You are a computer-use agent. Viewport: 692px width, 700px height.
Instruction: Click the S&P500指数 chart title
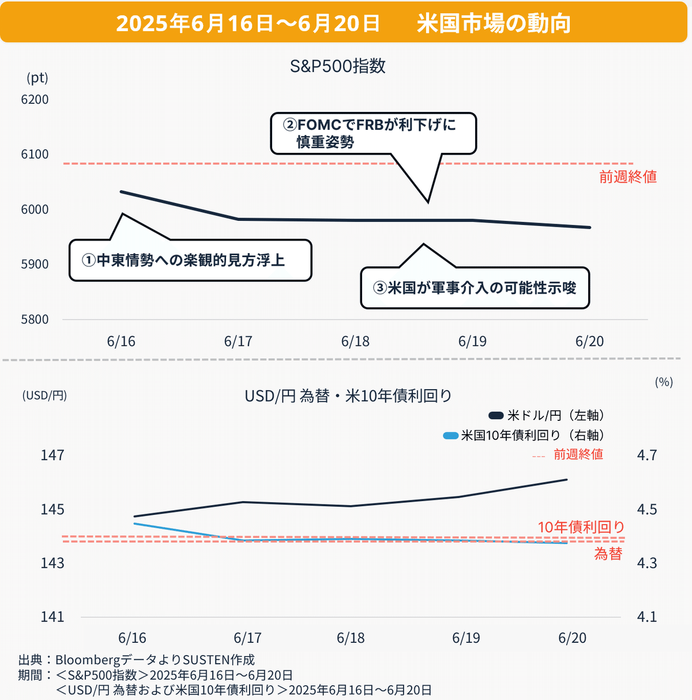pyautogui.click(x=337, y=66)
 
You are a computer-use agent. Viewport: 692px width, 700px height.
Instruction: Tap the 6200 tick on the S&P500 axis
pyautogui.click(x=35, y=99)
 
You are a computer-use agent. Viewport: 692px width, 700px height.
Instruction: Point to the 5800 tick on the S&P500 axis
pyautogui.click(x=35, y=319)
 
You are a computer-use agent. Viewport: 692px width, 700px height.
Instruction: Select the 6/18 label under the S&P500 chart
pyautogui.click(x=355, y=341)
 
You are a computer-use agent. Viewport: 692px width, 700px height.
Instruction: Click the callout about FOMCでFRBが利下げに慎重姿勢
pyautogui.click(x=374, y=133)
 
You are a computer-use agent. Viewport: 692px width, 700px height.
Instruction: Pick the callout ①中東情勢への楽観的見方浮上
pyautogui.click(x=190, y=261)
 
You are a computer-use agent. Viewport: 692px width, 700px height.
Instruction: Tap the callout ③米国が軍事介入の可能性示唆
pyautogui.click(x=475, y=288)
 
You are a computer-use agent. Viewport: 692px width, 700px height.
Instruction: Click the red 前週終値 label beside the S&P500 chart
pyautogui.click(x=628, y=176)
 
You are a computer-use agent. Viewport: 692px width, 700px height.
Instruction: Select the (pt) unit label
pyautogui.click(x=37, y=78)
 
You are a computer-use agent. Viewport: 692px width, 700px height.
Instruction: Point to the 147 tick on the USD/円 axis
pyautogui.click(x=52, y=456)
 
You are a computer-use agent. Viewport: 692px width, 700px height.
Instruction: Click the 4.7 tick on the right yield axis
pyautogui.click(x=646, y=456)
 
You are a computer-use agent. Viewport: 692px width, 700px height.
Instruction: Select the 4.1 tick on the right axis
pyautogui.click(x=646, y=617)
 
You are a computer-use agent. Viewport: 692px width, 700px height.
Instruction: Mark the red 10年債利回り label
pyautogui.click(x=581, y=527)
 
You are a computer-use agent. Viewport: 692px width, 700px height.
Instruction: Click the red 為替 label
pyautogui.click(x=608, y=554)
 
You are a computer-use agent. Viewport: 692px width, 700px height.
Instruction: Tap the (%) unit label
pyautogui.click(x=664, y=382)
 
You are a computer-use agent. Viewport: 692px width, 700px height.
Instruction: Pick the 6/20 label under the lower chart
pyautogui.click(x=572, y=638)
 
